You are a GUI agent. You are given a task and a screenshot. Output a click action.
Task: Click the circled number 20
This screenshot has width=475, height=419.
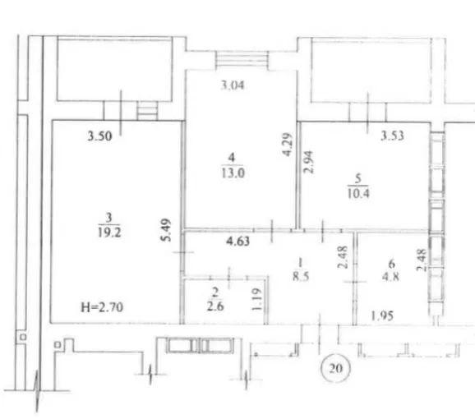click(335, 368)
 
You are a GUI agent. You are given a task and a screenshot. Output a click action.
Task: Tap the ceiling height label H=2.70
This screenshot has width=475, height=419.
click(102, 307)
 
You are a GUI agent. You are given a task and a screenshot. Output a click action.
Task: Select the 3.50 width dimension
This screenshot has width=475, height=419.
click(99, 136)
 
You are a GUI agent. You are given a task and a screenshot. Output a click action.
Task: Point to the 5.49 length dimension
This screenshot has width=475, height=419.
click(166, 230)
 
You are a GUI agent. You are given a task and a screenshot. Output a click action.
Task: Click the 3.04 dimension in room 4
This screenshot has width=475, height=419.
click(233, 85)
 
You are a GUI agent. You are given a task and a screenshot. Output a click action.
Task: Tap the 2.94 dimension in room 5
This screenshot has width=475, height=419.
click(309, 162)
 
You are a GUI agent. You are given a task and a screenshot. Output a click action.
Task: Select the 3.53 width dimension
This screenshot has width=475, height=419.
click(392, 136)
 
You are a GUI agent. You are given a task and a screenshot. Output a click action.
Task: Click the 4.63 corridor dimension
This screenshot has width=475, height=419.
click(238, 242)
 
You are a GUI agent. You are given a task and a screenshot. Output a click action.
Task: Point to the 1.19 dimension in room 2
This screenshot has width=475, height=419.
click(256, 299)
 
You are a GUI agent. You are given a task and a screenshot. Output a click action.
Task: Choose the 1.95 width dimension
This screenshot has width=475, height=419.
click(382, 316)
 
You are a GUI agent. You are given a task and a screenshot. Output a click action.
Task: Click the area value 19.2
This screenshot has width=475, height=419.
click(109, 233)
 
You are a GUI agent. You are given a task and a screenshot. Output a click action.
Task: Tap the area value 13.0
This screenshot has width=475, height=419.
click(233, 173)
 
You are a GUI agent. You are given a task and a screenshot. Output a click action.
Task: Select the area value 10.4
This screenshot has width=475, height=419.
click(358, 193)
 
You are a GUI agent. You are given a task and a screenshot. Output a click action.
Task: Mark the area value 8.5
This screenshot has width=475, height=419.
click(301, 276)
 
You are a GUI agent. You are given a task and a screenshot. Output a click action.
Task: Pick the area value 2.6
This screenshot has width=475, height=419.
click(215, 306)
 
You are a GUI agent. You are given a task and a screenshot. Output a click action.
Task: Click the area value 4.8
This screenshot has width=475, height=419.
click(391, 276)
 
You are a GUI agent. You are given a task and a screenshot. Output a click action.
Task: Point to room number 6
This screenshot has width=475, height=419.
click(392, 264)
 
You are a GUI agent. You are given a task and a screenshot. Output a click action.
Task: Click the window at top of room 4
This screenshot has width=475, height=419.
click(242, 60)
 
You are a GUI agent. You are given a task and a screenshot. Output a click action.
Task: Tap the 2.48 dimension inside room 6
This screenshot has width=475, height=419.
click(422, 260)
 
